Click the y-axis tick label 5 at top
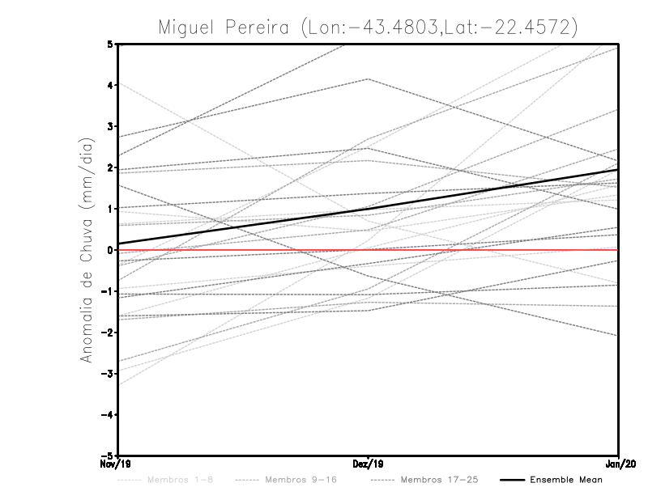[x=110, y=44]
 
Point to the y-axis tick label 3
[x=110, y=126]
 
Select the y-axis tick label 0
[x=110, y=250]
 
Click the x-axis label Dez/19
[x=369, y=464]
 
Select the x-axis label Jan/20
[x=619, y=464]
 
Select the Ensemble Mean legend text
[x=566, y=480]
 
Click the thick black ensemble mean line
[x=369, y=207]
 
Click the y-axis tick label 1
[x=110, y=209]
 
